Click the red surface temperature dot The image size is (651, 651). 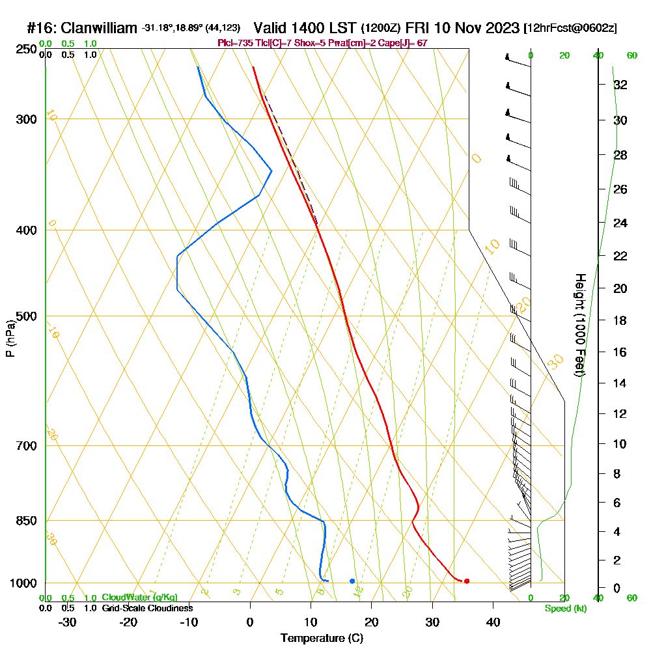pos(467,581)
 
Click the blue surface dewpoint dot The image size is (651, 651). pos(352,581)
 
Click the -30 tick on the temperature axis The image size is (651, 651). pos(68,622)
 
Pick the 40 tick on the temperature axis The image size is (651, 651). pos(493,622)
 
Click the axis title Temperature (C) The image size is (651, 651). pos(322,638)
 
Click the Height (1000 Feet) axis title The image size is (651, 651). pos(579,325)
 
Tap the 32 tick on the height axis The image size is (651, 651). pos(620,85)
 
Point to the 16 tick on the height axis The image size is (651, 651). pos(620,352)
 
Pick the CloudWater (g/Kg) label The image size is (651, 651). pos(139,598)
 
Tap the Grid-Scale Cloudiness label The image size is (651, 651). pos(147,608)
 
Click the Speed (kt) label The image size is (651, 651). pos(565,609)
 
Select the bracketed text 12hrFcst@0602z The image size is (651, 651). pos(570,29)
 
